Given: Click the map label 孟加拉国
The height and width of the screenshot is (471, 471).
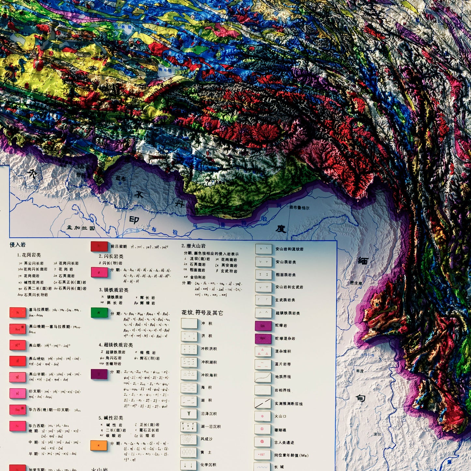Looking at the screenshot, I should [81, 228].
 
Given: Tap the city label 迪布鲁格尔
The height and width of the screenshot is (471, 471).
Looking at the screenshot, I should [299, 208].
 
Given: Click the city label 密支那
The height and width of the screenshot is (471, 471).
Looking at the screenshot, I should [356, 283].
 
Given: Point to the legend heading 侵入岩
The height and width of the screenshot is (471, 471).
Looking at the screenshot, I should [18, 244].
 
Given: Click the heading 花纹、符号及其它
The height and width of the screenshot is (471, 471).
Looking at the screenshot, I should [202, 313].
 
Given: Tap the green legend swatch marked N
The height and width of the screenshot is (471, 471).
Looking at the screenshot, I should [99, 313].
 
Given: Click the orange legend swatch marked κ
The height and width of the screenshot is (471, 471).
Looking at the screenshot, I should [99, 445].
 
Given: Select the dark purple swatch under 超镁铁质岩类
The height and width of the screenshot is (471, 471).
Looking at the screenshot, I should [99, 374].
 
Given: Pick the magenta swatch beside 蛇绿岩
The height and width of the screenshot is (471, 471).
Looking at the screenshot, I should [263, 326].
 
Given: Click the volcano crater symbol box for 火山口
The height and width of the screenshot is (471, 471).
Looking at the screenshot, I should [263, 416].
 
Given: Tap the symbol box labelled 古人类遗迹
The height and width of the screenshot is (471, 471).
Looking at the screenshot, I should [263, 442].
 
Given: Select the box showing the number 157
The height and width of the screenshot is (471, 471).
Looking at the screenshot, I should [262, 455].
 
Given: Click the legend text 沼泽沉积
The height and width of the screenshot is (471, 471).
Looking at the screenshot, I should [209, 414].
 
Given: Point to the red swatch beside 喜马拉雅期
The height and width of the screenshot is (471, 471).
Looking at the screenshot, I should [18, 313].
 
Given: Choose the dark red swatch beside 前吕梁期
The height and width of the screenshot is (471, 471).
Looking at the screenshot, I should [99, 246].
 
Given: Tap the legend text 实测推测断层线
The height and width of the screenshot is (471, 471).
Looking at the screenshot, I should [288, 404].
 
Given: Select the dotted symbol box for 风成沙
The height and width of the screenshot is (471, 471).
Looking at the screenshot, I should [189, 439].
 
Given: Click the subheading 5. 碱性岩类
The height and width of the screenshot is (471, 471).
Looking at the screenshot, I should [111, 418].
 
